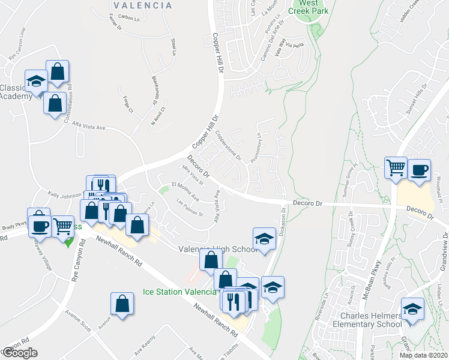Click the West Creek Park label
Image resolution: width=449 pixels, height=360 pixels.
[310, 7]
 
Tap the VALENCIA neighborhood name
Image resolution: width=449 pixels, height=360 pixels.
[143, 5]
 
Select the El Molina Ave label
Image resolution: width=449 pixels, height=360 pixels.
[184, 187]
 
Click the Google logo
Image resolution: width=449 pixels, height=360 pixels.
[19, 353]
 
